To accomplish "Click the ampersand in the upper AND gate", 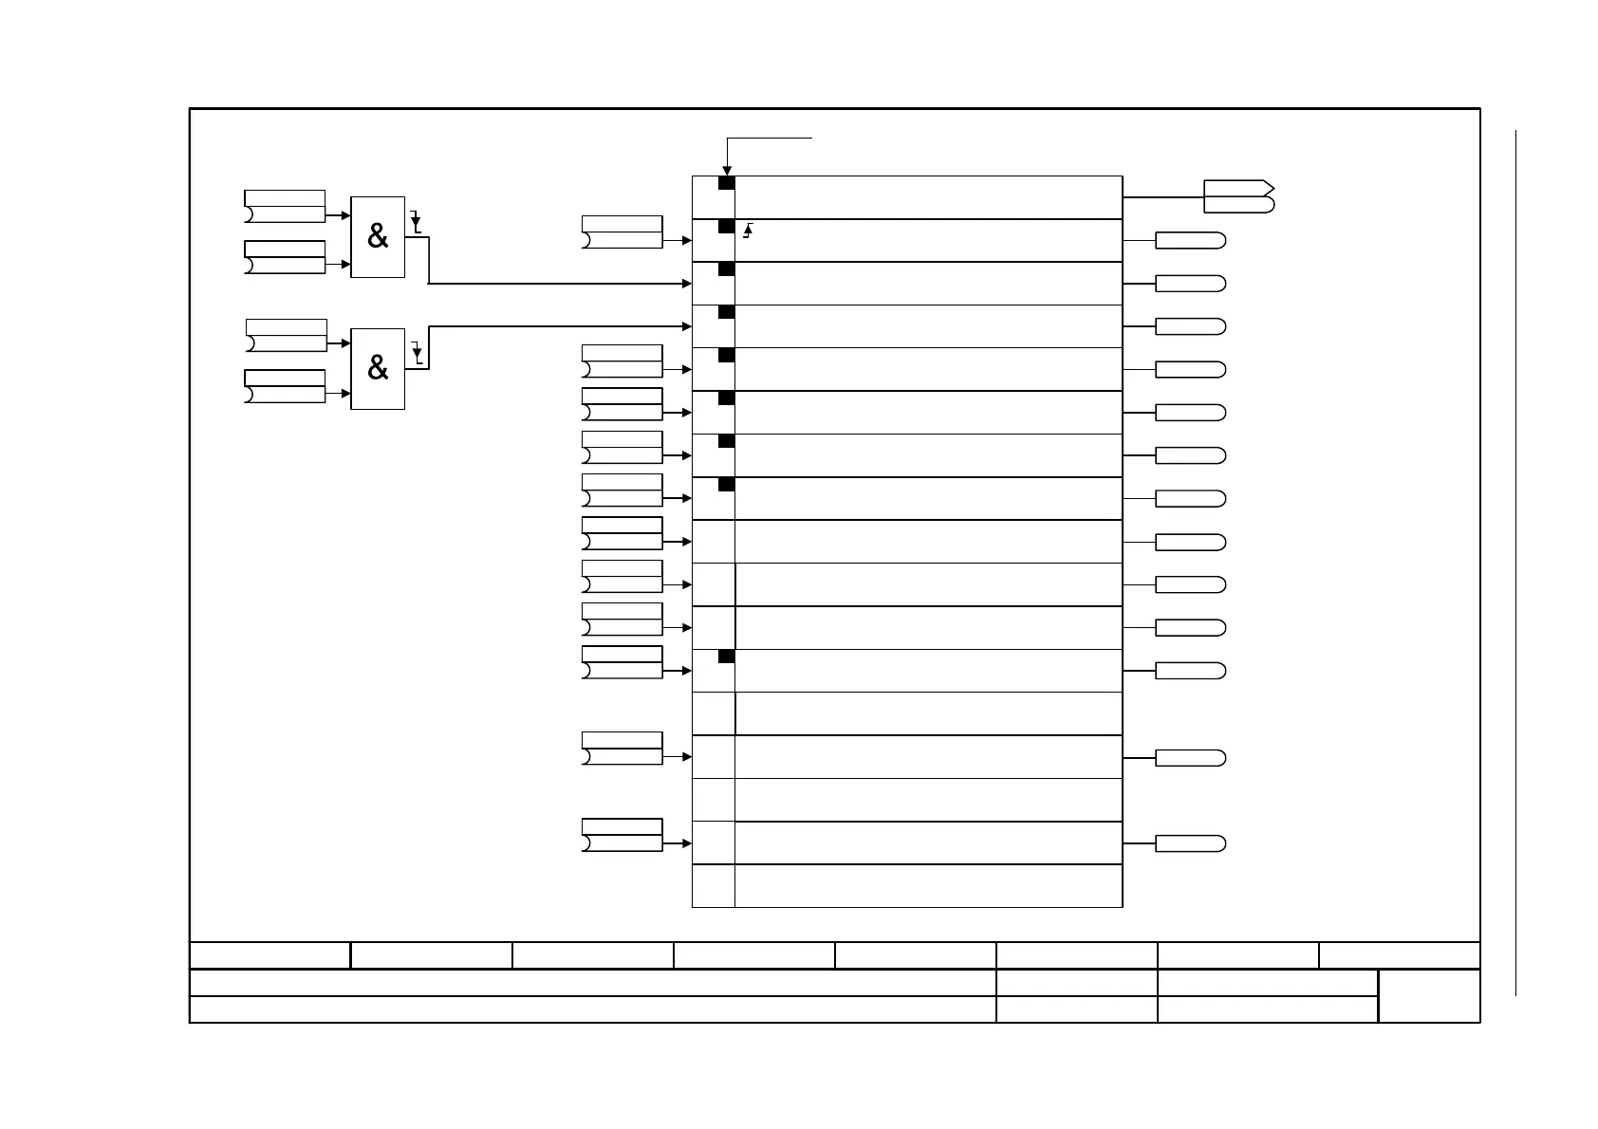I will tap(378, 237).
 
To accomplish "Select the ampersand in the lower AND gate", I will tap(378, 368).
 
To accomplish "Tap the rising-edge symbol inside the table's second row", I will tap(749, 229).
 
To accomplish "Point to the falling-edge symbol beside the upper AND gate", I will tap(416, 224).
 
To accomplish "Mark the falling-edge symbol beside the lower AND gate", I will tap(417, 355).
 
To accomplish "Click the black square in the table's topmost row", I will tap(726, 183).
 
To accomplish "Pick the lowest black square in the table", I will tap(726, 657).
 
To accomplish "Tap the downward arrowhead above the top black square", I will tap(727, 171).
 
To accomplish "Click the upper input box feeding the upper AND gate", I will tap(285, 206).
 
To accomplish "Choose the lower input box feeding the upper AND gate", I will tap(285, 257).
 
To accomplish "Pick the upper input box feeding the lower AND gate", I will tap(286, 335).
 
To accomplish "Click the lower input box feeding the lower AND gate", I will tap(285, 386).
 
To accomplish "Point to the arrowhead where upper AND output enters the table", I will tap(687, 284).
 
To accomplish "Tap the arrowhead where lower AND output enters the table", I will tap(687, 326).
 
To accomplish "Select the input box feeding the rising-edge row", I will tap(622, 232).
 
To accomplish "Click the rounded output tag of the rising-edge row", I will tap(1190, 241).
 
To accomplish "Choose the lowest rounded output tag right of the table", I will tap(1190, 843).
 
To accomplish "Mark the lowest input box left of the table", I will tap(622, 835).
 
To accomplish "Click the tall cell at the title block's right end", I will tap(1428, 996).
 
